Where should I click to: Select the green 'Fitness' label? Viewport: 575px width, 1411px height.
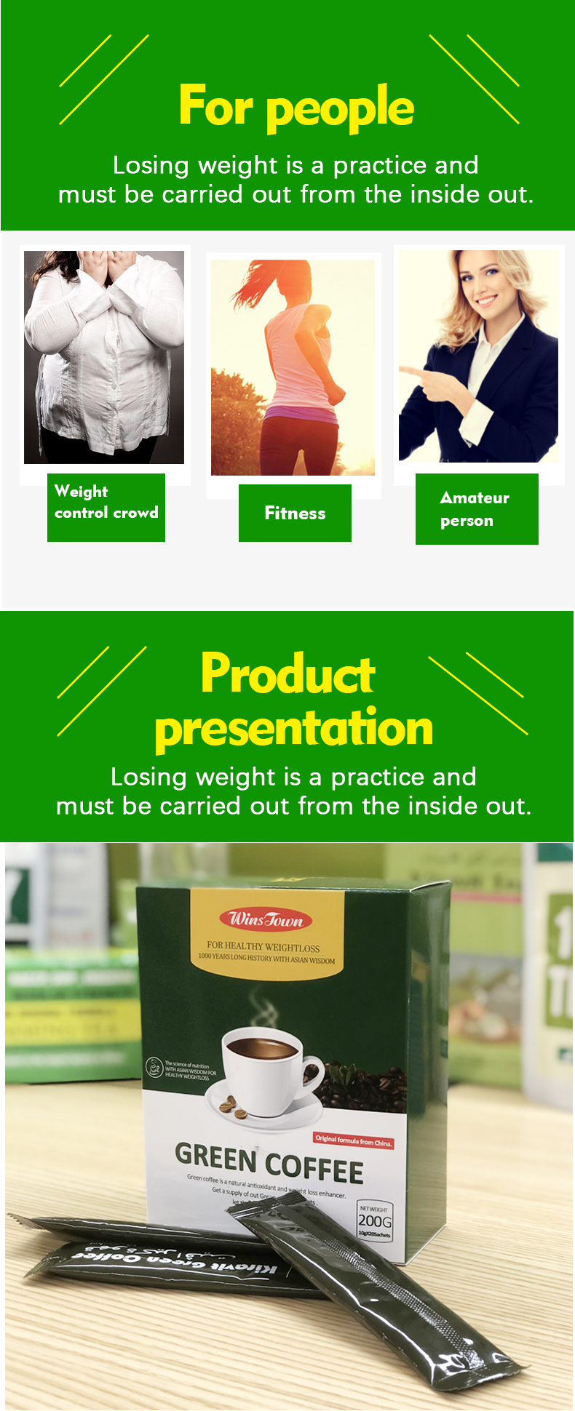pyautogui.click(x=295, y=513)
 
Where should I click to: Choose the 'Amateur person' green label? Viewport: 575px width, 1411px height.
pyautogui.click(x=477, y=508)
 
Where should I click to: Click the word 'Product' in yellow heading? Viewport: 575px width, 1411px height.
pyautogui.click(x=288, y=673)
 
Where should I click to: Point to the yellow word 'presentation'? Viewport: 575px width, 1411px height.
pyautogui.click(x=294, y=728)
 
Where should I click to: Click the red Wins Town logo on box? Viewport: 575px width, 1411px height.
pyautogui.click(x=266, y=919)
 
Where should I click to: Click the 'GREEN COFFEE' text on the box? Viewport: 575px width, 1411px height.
pyautogui.click(x=269, y=1162)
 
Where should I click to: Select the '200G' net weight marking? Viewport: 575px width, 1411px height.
pyautogui.click(x=375, y=1220)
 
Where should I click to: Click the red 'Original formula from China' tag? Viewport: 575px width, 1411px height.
pyautogui.click(x=354, y=1140)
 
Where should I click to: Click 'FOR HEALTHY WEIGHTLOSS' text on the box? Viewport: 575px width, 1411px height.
pyautogui.click(x=263, y=947)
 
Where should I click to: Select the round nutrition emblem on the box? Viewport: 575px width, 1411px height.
pyautogui.click(x=154, y=1067)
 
